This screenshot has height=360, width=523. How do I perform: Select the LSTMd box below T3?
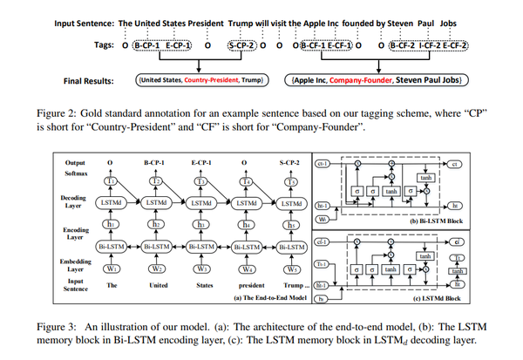tap(202, 203)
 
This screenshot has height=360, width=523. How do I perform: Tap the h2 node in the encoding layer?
tap(158, 224)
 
